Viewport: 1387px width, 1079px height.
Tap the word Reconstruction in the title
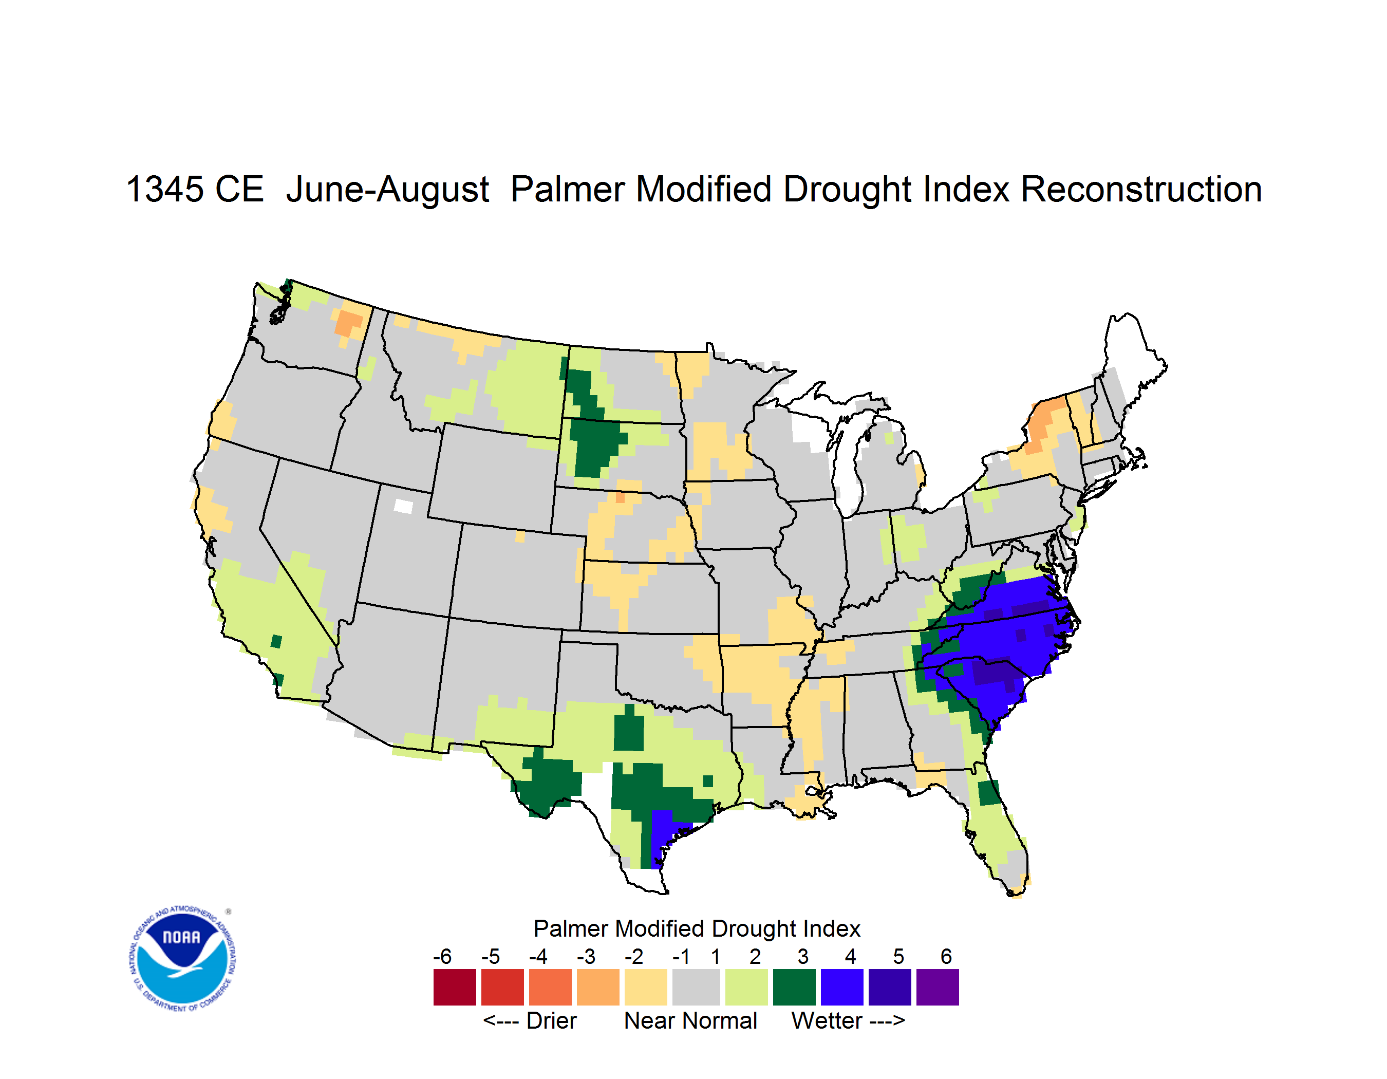(x=1141, y=189)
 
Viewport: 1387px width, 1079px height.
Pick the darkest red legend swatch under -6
(x=455, y=987)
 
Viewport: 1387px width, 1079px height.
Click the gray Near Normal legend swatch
(x=696, y=987)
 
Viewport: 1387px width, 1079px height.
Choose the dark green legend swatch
(x=794, y=987)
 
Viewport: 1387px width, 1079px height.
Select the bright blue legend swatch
(x=842, y=987)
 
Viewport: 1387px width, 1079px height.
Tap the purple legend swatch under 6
(x=938, y=987)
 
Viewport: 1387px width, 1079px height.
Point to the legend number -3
(x=586, y=956)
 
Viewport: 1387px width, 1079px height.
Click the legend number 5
(x=898, y=956)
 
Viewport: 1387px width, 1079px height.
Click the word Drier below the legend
(x=551, y=1020)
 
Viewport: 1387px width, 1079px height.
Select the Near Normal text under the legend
(x=690, y=1020)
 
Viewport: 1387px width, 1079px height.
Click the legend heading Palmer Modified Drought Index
(x=697, y=928)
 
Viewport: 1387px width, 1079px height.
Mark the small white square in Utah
(x=403, y=506)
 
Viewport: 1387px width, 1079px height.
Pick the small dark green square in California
(x=276, y=641)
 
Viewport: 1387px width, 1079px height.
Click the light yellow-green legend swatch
(x=746, y=987)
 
